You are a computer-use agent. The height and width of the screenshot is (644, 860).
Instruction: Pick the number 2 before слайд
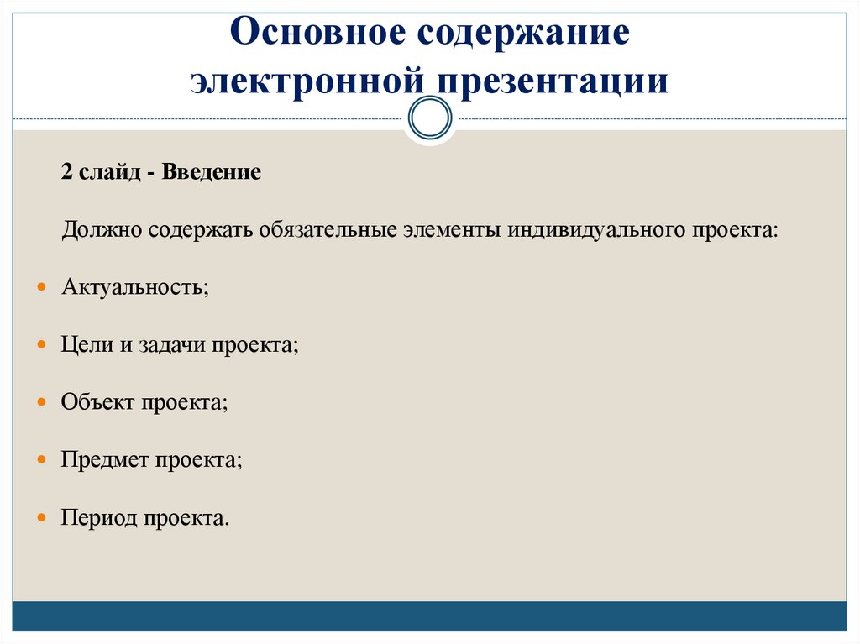point(66,172)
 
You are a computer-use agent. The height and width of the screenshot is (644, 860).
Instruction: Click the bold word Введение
point(212,172)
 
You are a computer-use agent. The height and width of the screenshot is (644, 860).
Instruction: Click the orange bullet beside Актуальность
point(42,287)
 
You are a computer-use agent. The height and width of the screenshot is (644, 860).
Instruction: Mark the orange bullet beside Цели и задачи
point(42,345)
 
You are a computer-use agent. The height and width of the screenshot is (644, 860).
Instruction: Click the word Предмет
point(105,459)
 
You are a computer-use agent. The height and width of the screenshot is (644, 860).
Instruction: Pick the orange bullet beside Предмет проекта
point(42,460)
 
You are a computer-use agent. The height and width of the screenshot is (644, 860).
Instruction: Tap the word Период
point(98,516)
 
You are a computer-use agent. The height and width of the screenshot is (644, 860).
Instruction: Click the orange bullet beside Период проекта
point(42,517)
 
